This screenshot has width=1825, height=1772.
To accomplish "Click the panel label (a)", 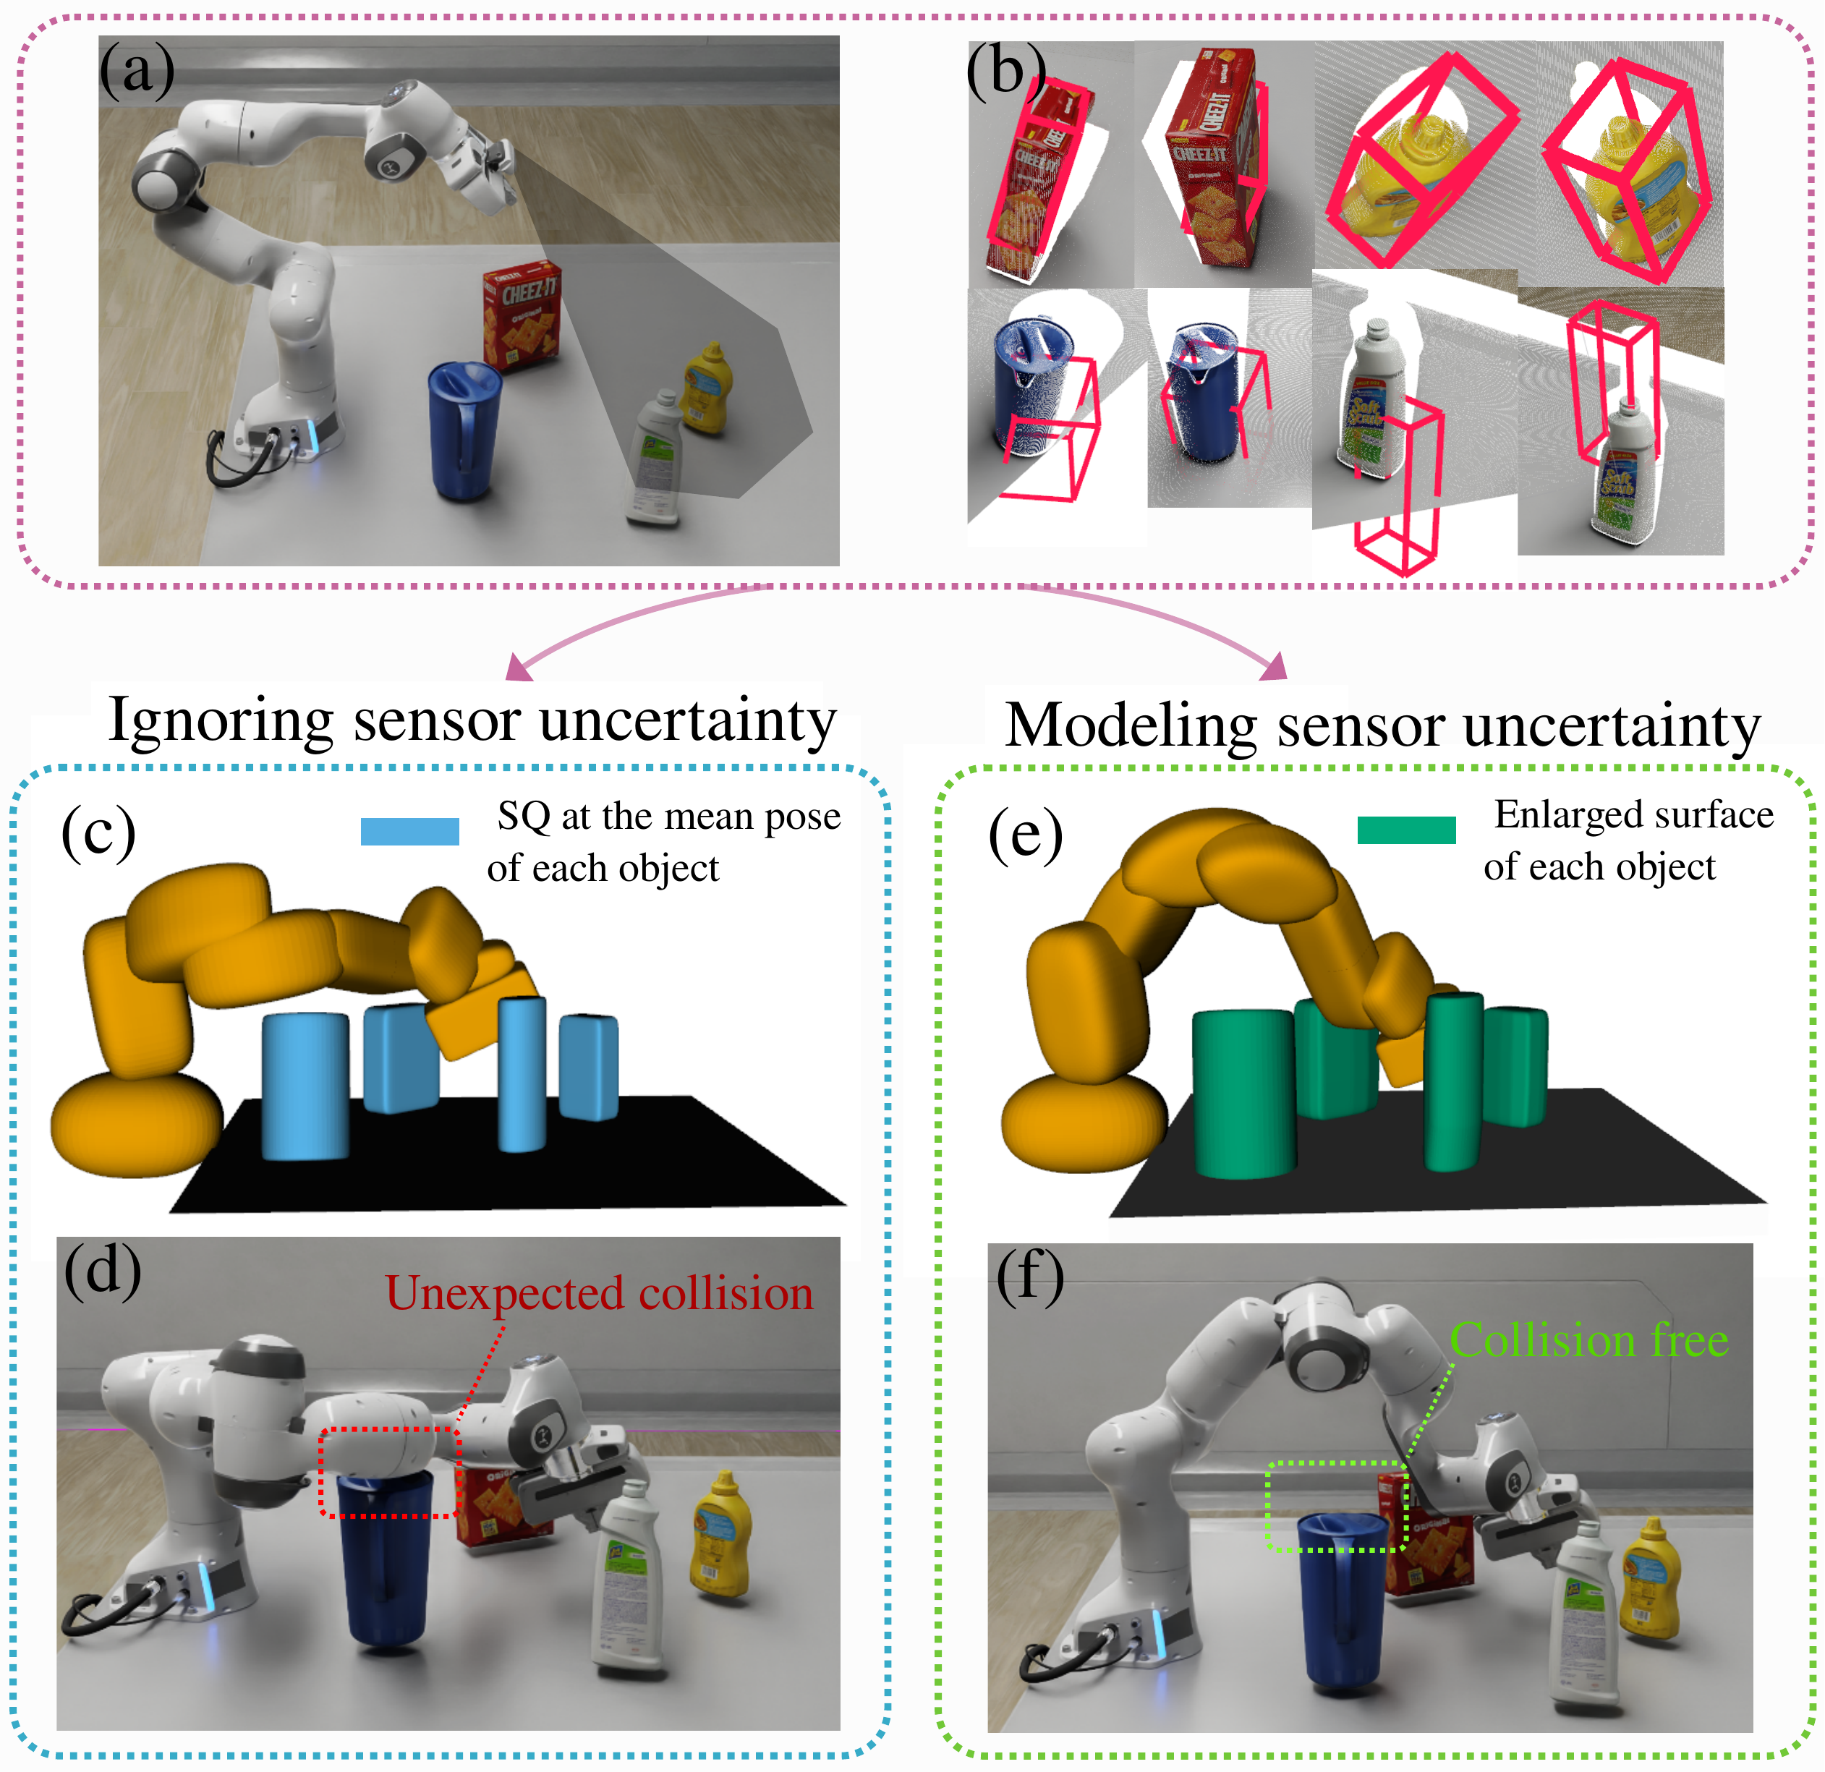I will click(x=137, y=72).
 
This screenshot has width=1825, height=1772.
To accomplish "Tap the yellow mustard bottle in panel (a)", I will click(x=707, y=388).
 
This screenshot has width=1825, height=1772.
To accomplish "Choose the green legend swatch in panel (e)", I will click(x=1406, y=830).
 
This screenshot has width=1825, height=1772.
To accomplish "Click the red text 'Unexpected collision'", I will click(x=599, y=1293).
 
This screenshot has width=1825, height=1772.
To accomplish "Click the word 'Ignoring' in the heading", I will click(x=221, y=720).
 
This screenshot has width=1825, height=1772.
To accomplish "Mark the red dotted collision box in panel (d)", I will click(x=389, y=1472).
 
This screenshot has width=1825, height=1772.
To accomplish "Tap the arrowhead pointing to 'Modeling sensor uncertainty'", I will click(x=1276, y=667).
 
